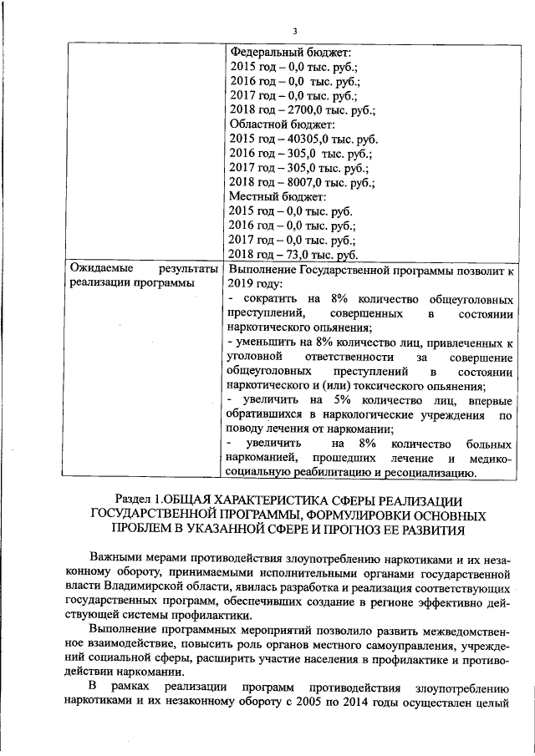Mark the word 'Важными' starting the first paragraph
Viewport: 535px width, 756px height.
point(117,558)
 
